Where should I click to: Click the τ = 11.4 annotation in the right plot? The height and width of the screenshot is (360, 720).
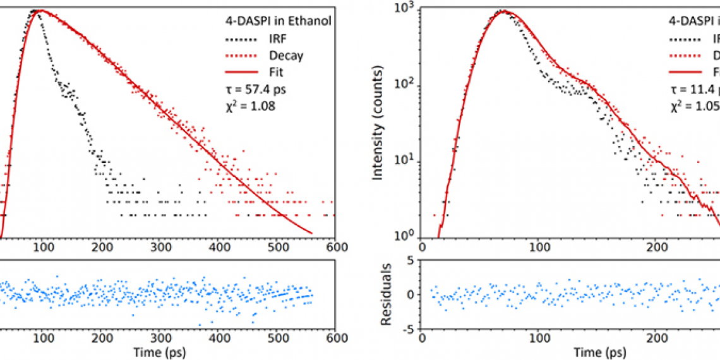695,90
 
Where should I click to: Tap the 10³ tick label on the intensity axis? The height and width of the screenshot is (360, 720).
407,10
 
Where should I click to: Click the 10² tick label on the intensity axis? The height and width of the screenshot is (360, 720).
407,86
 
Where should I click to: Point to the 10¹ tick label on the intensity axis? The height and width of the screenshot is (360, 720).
407,162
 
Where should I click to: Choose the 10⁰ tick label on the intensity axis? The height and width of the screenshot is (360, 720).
407,237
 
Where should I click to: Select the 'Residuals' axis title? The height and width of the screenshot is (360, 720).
386,294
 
